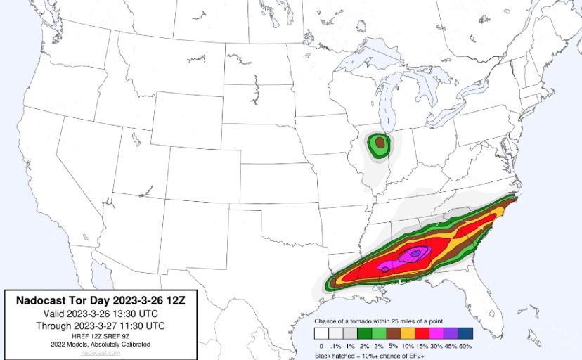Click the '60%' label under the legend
[465, 346]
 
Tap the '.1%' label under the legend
[335, 346]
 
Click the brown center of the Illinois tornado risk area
[380, 143]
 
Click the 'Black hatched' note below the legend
[336, 356]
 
